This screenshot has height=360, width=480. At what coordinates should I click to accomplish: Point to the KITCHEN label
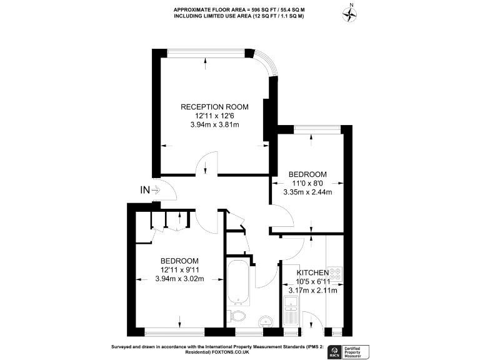coord(312,273)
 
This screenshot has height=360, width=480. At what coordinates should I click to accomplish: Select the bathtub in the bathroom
coord(239,284)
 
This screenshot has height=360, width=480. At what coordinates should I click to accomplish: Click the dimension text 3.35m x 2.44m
coord(307,192)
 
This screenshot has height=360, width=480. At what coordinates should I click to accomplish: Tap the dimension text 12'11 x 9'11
coord(179,270)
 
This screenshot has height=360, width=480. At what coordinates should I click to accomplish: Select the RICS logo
coord(335,351)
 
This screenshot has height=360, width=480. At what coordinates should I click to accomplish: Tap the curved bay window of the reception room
coord(265,62)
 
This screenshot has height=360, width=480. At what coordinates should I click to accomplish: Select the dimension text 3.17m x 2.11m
coord(312,291)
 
